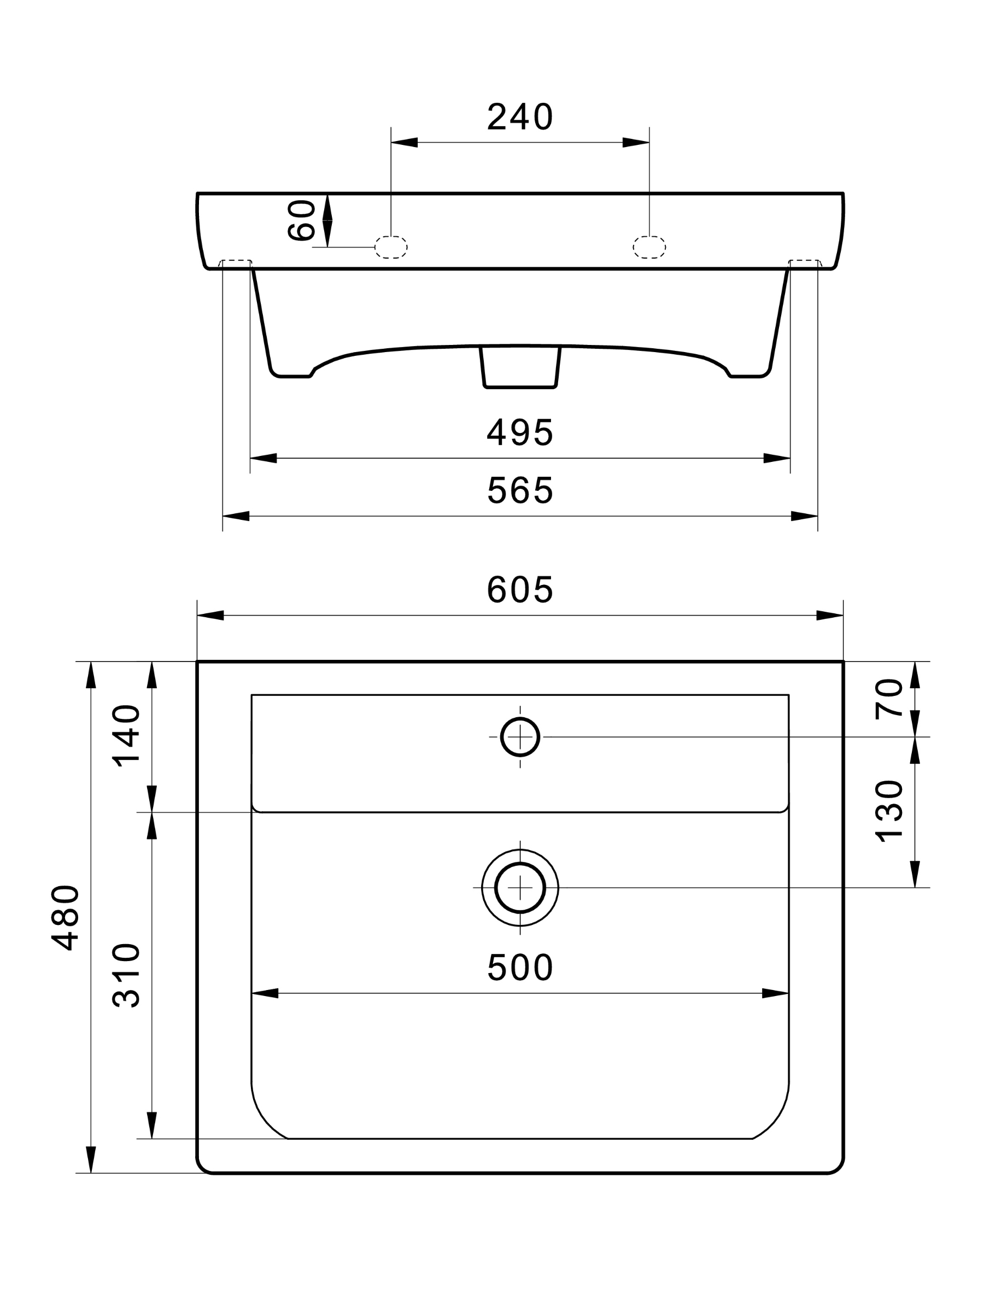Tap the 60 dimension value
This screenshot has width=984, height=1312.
coord(301,221)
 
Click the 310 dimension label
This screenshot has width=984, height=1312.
coord(126,975)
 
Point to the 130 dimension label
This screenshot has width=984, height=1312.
coord(889,811)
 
